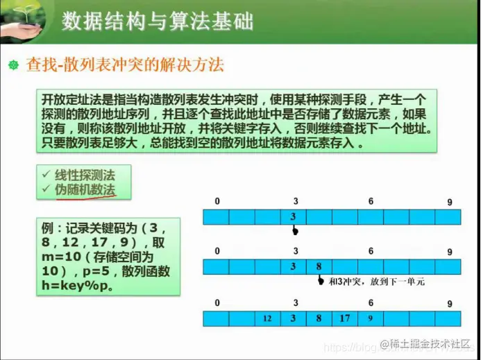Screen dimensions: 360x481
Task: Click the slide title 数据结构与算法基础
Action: tap(157, 22)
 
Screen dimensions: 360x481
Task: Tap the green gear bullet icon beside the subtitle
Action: tap(12, 66)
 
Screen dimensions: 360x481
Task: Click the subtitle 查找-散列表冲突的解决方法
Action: tap(125, 66)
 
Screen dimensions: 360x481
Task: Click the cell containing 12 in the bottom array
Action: tap(267, 319)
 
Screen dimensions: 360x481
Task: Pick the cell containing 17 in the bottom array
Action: tap(345, 319)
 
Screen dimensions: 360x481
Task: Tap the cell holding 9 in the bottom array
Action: tap(371, 319)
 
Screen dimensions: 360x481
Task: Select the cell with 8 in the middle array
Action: tap(319, 267)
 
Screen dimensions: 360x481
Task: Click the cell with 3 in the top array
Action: tap(294, 217)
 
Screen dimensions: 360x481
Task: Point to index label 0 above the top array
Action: tap(217, 201)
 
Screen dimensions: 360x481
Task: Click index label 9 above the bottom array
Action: tap(450, 304)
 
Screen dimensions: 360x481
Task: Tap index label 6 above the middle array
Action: tap(371, 252)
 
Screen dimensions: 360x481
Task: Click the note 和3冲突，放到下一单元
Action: tap(376, 282)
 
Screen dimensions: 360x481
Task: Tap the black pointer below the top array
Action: tap(294, 231)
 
